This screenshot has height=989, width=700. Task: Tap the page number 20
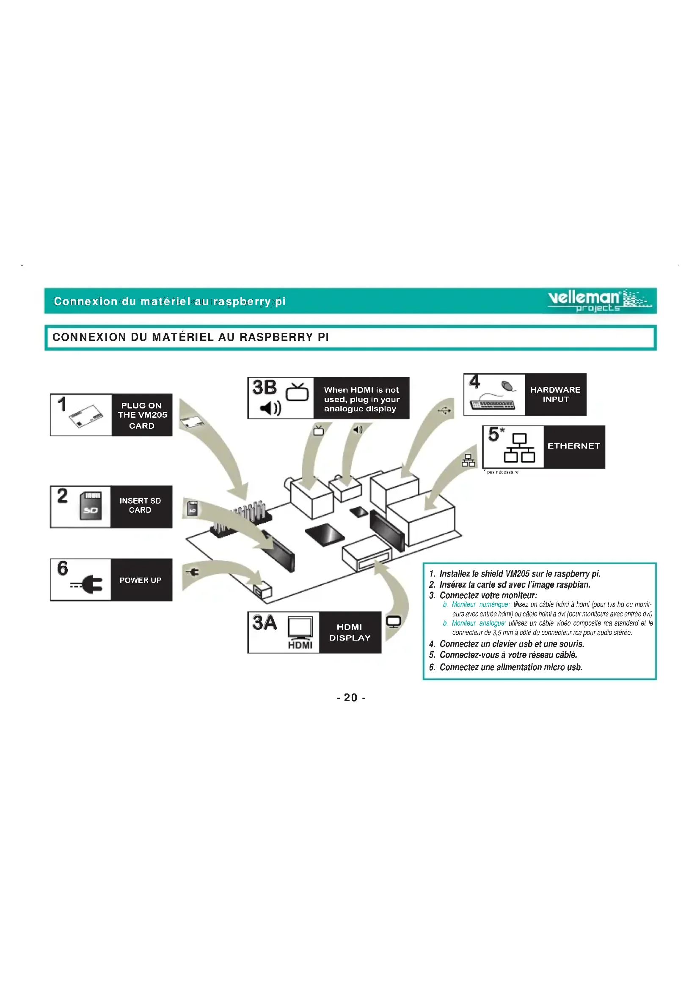[350, 697]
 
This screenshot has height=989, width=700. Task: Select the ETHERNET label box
[574, 446]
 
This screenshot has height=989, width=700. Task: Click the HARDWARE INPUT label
[555, 395]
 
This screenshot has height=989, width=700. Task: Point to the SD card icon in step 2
[91, 506]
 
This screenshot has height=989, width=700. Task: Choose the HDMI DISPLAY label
[350, 632]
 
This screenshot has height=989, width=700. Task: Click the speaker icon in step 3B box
[270, 408]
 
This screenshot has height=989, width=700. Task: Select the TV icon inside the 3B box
[298, 392]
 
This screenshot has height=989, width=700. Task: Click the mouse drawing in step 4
[509, 386]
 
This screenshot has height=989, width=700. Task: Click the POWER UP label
[141, 580]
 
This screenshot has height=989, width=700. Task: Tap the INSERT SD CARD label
[140, 505]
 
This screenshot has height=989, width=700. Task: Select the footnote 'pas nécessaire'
[502, 472]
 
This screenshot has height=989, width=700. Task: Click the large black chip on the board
[325, 534]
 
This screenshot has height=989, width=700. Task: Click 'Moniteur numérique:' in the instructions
[480, 605]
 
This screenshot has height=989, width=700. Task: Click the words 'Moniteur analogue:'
[479, 623]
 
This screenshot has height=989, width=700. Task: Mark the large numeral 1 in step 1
[62, 405]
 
